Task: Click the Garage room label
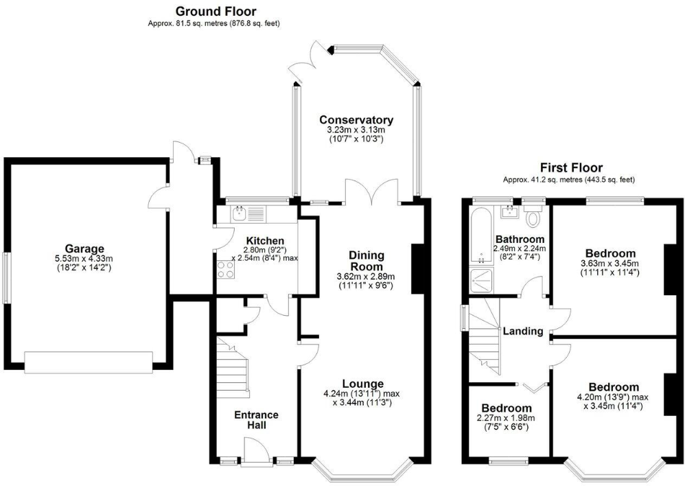(84, 248)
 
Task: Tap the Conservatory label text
(356, 120)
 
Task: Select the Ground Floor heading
(216, 11)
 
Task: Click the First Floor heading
(571, 167)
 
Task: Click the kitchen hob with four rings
(227, 269)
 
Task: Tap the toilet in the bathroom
(533, 218)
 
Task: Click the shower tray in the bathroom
(480, 281)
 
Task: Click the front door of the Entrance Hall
(255, 454)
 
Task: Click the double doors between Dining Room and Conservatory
(373, 193)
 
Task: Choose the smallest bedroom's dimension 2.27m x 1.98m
(506, 418)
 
